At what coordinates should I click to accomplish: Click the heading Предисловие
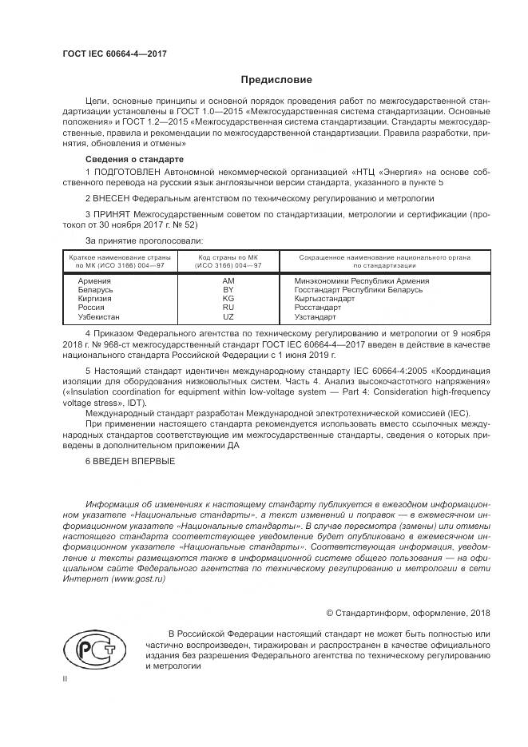pyautogui.click(x=276, y=80)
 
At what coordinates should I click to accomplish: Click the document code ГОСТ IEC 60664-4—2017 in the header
pyautogui.click(x=115, y=54)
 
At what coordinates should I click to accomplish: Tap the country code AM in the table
pyautogui.click(x=228, y=281)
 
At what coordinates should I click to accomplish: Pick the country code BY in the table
pyautogui.click(x=228, y=290)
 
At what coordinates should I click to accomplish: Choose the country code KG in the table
pyautogui.click(x=228, y=299)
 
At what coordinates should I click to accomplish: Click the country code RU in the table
pyautogui.click(x=228, y=308)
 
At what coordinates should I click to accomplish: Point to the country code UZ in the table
pyautogui.click(x=228, y=316)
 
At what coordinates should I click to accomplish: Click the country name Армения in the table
pyautogui.click(x=95, y=281)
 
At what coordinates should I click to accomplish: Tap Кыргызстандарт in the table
pyautogui.click(x=324, y=299)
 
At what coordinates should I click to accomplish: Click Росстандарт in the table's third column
pyautogui.click(x=317, y=308)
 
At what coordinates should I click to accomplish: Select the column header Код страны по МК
pyautogui.click(x=229, y=257)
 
